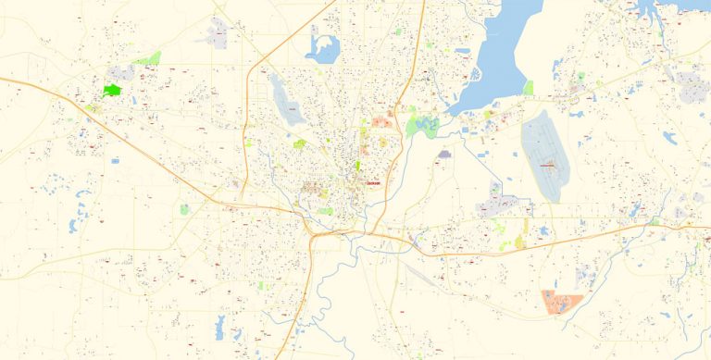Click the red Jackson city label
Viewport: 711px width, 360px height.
[374, 183]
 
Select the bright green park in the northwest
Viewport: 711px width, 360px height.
[112, 91]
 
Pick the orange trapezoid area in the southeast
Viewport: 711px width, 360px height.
[561, 302]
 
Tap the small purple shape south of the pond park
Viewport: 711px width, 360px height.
[445, 154]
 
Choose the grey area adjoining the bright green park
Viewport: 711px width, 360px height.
[121, 73]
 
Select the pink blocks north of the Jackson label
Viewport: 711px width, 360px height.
[380, 121]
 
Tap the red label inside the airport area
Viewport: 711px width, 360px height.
[549, 166]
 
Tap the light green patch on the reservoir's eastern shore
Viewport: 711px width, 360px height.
[528, 88]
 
